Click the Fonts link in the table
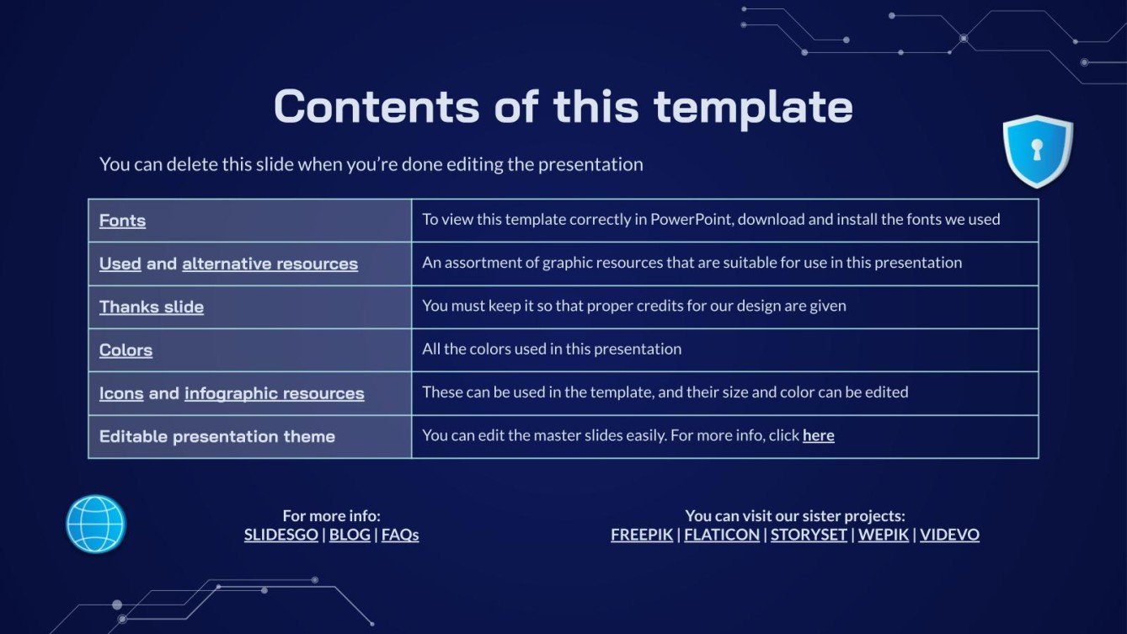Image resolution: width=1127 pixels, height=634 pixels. coord(122,221)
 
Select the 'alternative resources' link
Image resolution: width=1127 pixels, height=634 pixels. coord(270,264)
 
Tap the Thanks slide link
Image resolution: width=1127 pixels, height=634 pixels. coord(152,306)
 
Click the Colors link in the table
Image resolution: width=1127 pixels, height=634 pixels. coord(126,350)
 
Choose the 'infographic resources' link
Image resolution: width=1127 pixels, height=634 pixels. coord(275,393)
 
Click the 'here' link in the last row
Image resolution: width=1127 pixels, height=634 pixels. coord(818,435)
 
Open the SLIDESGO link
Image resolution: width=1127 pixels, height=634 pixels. coord(280,535)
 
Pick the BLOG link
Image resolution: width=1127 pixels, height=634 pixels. coord(350,535)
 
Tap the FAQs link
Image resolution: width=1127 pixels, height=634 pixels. coord(400,535)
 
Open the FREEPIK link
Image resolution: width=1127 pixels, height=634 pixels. coord(642,535)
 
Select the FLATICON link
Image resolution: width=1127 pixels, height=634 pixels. coord(722,535)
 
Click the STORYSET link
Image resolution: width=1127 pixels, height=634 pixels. coord(809,535)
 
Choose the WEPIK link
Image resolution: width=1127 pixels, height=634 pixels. coord(883,535)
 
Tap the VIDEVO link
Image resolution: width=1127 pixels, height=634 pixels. coord(949,535)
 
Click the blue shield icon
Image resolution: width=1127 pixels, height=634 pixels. coord(1038,152)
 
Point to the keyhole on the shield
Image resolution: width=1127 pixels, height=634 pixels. coord(1037,150)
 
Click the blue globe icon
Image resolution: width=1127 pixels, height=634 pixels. coord(95,524)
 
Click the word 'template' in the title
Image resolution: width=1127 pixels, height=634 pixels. coord(753,107)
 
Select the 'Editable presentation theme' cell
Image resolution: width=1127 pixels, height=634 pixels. coord(249,436)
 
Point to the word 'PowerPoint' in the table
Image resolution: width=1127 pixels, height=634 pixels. coord(692,219)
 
